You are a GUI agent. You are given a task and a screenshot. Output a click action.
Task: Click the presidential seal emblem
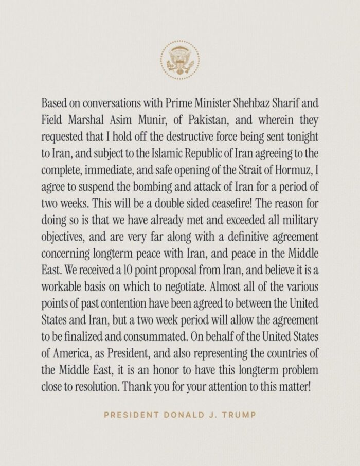[180, 61]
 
